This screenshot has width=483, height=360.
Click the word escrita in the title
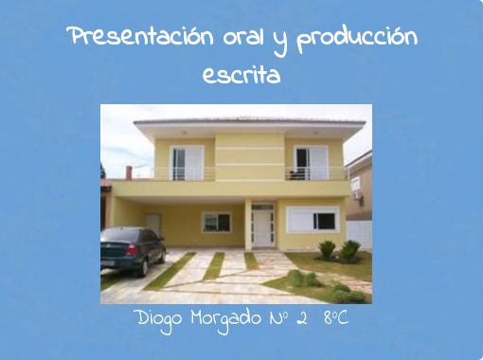click(x=241, y=74)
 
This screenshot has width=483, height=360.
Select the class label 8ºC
click(x=335, y=317)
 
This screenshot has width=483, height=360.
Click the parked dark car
click(x=133, y=249)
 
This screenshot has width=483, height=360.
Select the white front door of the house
click(x=262, y=227)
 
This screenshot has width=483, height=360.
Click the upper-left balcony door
click(x=187, y=163)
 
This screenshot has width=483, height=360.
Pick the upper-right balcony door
click(x=311, y=162)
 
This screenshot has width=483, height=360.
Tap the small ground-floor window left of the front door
click(x=216, y=222)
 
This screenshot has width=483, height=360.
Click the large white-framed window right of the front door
click(x=313, y=220)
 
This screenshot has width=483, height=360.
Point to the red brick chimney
click(x=129, y=172)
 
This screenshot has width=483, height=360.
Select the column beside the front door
click(x=247, y=225)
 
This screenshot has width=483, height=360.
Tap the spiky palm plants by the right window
click(x=339, y=250)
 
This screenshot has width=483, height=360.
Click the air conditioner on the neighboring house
click(x=356, y=184)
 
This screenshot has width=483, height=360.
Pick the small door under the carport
click(x=153, y=225)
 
